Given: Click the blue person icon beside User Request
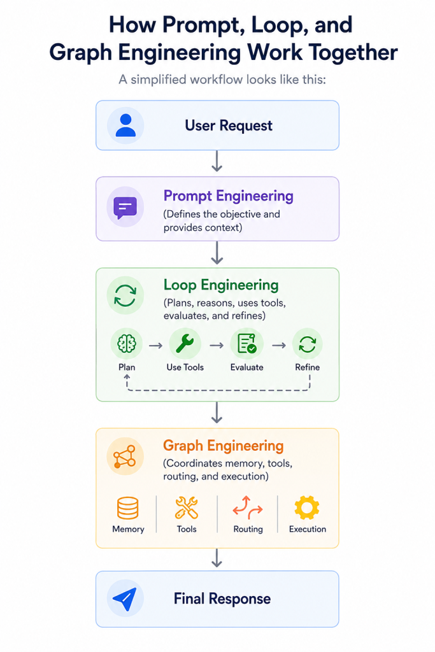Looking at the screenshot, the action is [x=125, y=125].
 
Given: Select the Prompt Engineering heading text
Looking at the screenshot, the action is [x=228, y=196].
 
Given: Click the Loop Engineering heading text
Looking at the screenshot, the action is [x=221, y=285].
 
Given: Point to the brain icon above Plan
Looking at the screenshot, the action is [x=127, y=344].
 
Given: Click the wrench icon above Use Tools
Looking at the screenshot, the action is [x=185, y=344].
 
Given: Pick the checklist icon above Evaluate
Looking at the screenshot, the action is [x=246, y=344].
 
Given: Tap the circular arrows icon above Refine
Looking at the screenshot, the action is [x=308, y=344].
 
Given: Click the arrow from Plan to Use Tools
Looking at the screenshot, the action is [x=155, y=346].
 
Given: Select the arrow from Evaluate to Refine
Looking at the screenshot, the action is [x=279, y=345].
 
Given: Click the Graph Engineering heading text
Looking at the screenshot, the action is [x=224, y=446].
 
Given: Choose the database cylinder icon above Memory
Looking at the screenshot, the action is [x=127, y=508].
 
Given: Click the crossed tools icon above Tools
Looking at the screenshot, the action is [x=187, y=507].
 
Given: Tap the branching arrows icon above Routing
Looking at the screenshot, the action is [x=248, y=507].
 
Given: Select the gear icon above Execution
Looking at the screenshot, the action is [x=307, y=507].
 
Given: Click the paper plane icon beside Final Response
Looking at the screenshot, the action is [x=125, y=599].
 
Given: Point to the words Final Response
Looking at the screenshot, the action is [x=222, y=599].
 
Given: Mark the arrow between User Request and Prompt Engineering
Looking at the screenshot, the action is [x=217, y=161].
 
